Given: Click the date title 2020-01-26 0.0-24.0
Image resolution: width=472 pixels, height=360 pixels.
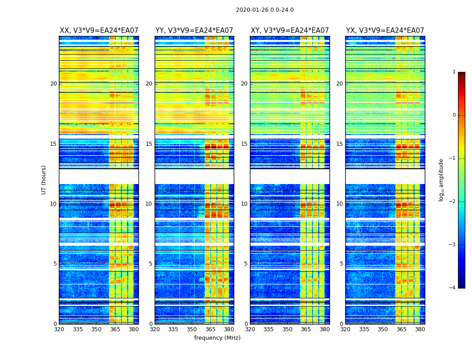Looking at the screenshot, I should pyautogui.click(x=265, y=10).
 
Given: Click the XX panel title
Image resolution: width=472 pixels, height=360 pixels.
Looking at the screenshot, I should pyautogui.click(x=99, y=31).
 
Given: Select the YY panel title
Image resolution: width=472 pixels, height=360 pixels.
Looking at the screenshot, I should pyautogui.click(x=194, y=31).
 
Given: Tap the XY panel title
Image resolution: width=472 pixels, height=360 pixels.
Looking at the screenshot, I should pyautogui.click(x=289, y=31).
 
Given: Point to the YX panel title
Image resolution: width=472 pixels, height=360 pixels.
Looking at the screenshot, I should pyautogui.click(x=385, y=31).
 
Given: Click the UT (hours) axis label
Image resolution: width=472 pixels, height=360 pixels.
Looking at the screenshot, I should pyautogui.click(x=44, y=180).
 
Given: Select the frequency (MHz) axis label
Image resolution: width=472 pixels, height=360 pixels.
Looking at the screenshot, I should pyautogui.click(x=217, y=338).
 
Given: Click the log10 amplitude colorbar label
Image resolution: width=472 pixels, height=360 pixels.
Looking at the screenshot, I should pyautogui.click(x=441, y=180).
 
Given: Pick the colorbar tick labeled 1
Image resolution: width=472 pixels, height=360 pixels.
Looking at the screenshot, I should pyautogui.click(x=454, y=72).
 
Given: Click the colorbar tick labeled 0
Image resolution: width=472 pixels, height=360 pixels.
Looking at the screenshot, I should pyautogui.click(x=454, y=115).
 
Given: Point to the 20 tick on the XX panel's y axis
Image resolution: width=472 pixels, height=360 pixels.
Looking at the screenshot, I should pyautogui.click(x=53, y=84).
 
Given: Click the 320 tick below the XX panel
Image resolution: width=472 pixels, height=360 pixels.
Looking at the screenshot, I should pyautogui.click(x=59, y=329).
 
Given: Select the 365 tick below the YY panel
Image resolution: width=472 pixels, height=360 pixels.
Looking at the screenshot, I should pyautogui.click(x=210, y=329).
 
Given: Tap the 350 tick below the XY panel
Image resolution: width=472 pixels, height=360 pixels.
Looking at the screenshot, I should pyautogui.click(x=287, y=329).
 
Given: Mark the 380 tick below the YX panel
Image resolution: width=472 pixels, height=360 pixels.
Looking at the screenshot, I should pyautogui.click(x=420, y=329).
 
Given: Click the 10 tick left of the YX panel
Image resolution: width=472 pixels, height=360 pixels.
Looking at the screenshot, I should pyautogui.click(x=340, y=204).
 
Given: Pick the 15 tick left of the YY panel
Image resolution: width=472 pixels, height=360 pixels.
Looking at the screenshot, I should pyautogui.click(x=149, y=144).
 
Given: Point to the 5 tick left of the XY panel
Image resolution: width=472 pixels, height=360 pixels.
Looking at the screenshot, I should pyautogui.click(x=246, y=264).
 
